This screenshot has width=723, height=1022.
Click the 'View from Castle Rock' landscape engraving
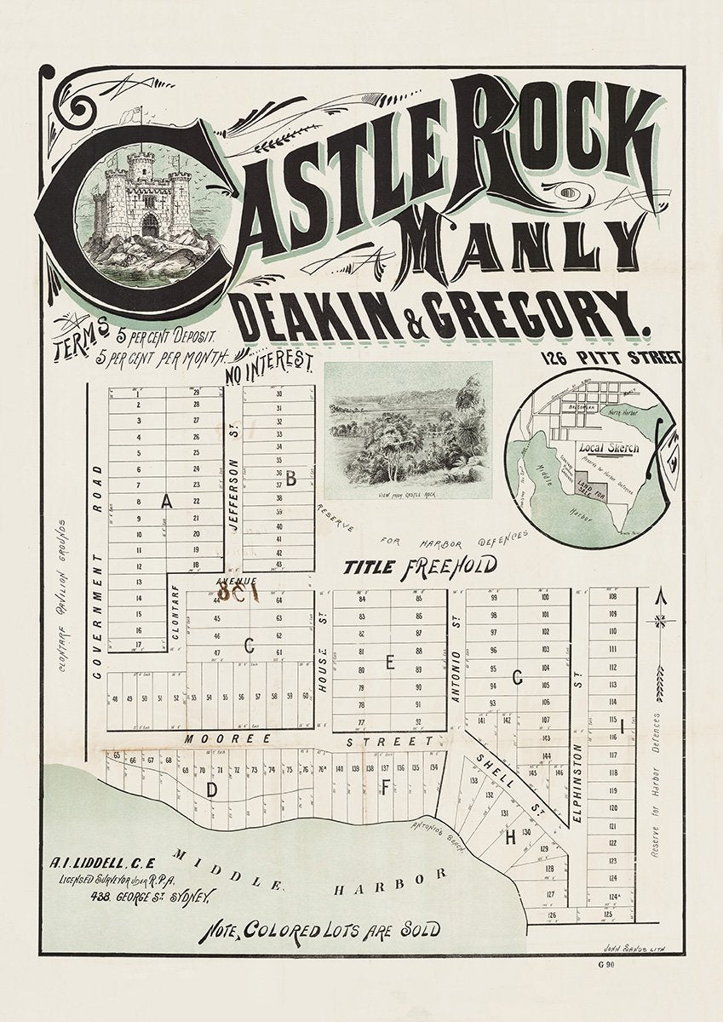point(408,431)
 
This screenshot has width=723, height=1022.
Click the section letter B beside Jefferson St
point(290,479)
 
